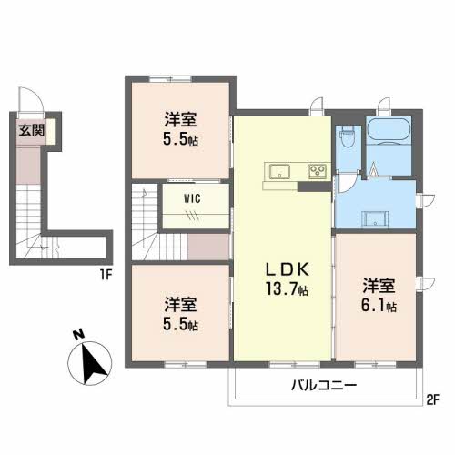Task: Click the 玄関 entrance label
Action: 31,130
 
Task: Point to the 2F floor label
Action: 433,398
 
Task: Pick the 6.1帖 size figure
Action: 377,306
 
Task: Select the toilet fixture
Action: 346,141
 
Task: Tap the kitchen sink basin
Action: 278,171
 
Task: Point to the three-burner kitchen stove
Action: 317,170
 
